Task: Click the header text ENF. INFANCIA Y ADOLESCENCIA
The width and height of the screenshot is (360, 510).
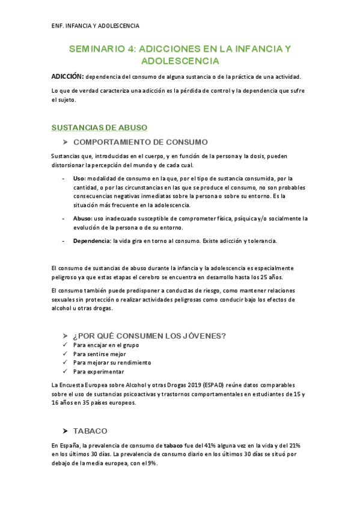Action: click(x=95, y=26)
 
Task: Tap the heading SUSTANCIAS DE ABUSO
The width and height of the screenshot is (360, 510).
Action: click(x=99, y=127)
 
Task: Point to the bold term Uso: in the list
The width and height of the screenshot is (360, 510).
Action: click(x=79, y=179)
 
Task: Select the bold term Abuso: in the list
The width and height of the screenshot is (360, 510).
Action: click(x=83, y=219)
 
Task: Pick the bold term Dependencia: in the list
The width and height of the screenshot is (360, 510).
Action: click(x=92, y=241)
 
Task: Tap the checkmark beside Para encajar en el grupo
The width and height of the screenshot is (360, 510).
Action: click(x=65, y=346)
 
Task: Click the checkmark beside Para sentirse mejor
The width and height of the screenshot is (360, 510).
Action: click(x=65, y=354)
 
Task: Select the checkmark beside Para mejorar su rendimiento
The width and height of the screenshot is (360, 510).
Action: click(x=65, y=363)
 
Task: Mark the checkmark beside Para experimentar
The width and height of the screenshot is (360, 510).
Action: click(x=65, y=372)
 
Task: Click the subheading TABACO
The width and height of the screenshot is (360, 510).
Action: click(x=90, y=431)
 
